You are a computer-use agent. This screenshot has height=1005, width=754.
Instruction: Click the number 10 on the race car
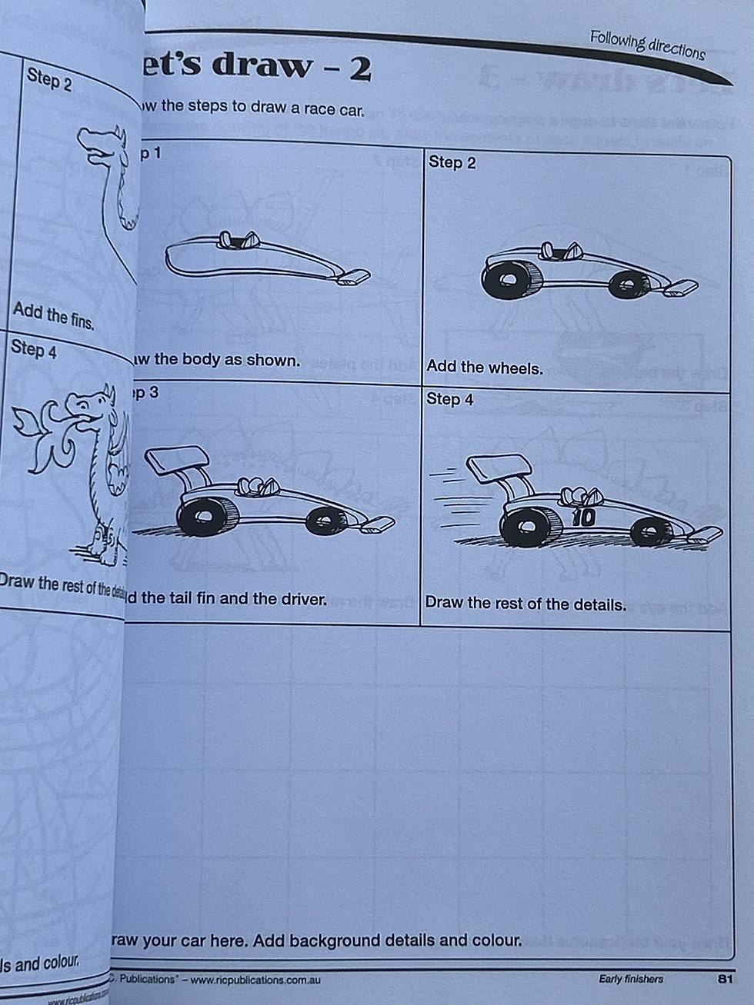click(x=584, y=517)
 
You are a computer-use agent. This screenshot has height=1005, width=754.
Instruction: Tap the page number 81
click(x=723, y=979)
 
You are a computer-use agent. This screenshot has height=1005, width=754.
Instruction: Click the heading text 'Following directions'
click(x=647, y=44)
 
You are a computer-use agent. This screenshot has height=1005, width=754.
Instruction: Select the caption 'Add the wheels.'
click(x=485, y=368)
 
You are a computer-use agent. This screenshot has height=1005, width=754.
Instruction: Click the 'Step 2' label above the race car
click(x=452, y=162)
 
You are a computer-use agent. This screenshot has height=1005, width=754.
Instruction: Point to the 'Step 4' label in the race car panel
click(x=450, y=399)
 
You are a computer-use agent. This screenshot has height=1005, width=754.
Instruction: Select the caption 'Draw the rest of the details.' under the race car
click(x=525, y=604)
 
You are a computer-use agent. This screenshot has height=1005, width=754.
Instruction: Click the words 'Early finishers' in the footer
click(x=630, y=979)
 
